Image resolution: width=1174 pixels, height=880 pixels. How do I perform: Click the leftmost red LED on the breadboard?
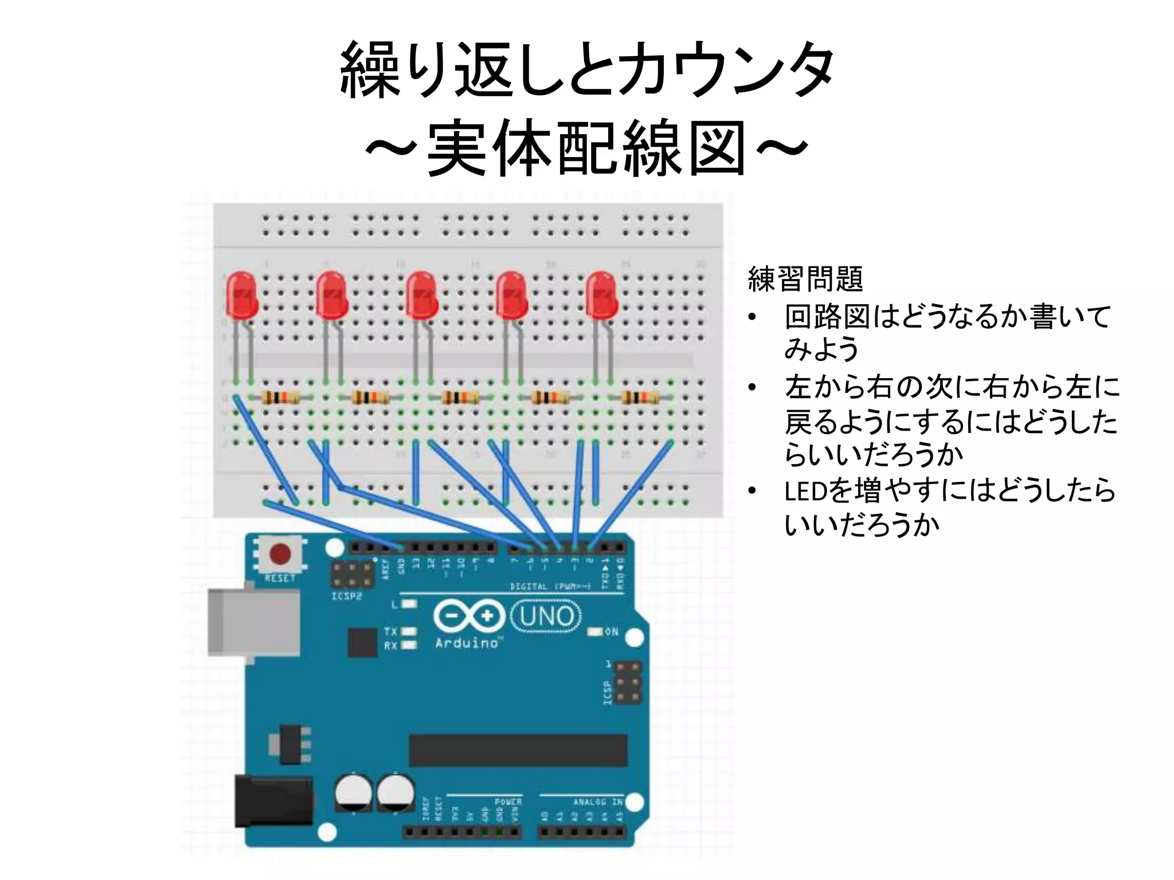point(241,296)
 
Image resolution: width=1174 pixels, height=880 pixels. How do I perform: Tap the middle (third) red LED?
point(421,296)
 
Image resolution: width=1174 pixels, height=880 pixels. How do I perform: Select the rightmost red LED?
point(601,296)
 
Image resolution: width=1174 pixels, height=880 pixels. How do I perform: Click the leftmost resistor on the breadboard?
point(281,397)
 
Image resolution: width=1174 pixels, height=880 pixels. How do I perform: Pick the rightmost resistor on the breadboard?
point(641,397)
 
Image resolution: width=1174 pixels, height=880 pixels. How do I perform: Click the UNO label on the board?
point(545,616)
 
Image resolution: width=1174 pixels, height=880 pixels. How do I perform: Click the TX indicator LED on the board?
point(409,631)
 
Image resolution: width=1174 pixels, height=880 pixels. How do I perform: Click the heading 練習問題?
point(805,279)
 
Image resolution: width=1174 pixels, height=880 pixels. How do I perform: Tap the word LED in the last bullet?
point(805,491)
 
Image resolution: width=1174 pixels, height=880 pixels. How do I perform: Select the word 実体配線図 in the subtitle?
point(587,148)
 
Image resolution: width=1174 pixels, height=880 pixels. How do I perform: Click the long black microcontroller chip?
point(518,751)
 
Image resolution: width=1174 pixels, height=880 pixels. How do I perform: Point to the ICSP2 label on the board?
point(346,596)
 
